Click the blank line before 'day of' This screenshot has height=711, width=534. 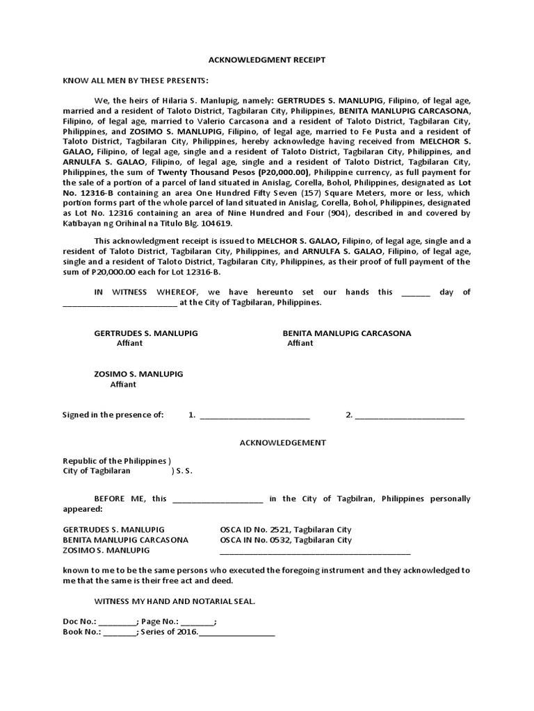(x=416, y=294)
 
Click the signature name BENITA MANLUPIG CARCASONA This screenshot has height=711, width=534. (x=346, y=333)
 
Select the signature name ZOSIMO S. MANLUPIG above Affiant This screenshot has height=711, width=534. (x=138, y=374)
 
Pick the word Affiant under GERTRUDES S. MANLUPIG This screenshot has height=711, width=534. (x=129, y=343)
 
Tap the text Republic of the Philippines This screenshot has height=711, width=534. (x=115, y=461)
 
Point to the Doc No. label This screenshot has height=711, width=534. (x=79, y=622)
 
